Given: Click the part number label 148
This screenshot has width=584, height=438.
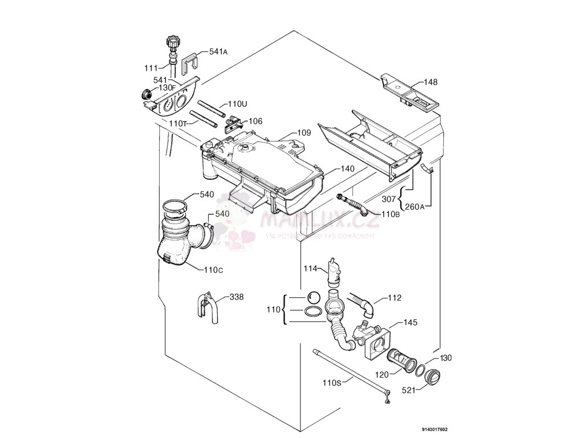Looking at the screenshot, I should [431, 82].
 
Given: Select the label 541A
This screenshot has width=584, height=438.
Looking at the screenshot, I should [218, 51].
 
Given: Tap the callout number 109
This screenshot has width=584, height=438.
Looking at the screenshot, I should [304, 133].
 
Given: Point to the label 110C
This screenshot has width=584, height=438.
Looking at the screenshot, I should [213, 270].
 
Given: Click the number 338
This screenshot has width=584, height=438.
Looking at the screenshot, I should [237, 297].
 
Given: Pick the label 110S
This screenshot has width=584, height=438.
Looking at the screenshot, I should [331, 383].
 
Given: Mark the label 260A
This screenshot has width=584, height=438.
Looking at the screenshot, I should [414, 207].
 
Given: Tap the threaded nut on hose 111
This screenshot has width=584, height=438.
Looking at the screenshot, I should [172, 42].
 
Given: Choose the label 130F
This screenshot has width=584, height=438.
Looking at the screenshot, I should [166, 88].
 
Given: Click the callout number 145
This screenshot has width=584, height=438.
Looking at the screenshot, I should [411, 323].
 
